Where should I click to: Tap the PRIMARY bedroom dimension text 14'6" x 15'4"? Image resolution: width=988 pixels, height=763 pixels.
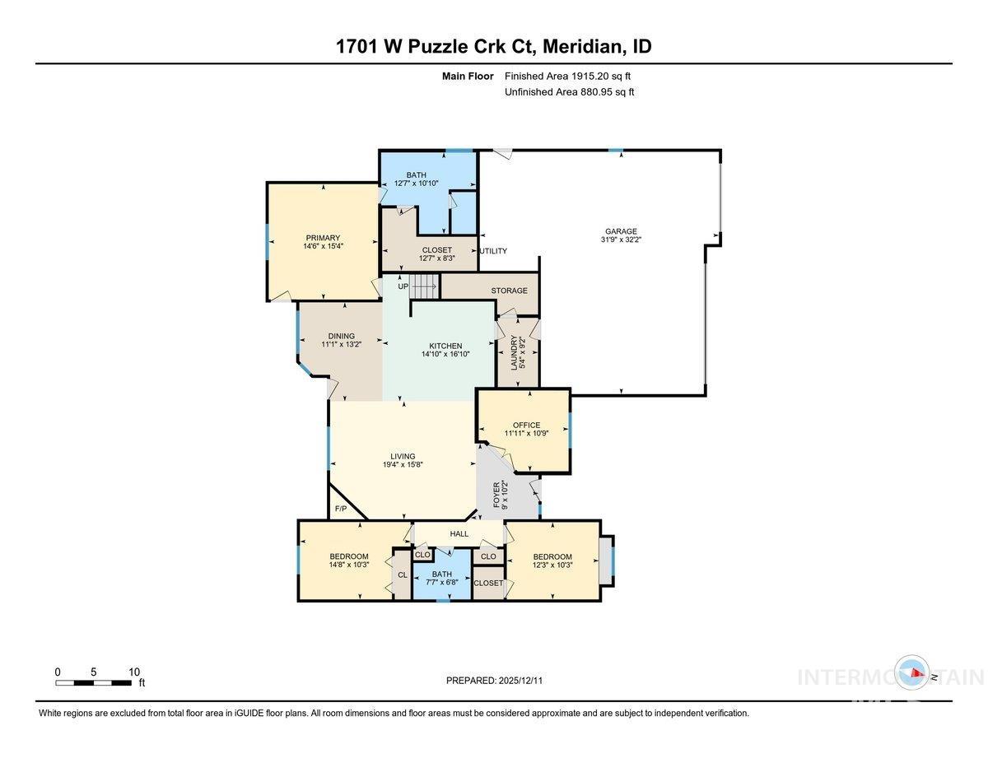pos(322,247)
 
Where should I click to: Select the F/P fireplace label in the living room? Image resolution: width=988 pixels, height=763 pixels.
pos(340,509)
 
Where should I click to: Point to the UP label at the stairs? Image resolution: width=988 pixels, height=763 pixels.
pos(403,286)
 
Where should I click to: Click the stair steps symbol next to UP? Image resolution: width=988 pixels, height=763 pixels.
pos(424,286)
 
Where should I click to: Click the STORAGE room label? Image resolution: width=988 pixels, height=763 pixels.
pos(509,291)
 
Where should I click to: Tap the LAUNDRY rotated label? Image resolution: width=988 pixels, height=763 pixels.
pos(515,352)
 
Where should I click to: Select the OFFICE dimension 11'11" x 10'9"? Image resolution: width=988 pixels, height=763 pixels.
pos(527,434)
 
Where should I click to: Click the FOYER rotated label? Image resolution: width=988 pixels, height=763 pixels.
pos(496,496)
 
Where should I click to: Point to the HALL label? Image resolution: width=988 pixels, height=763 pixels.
pos(459,534)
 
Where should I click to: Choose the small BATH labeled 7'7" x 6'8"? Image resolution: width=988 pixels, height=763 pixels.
pos(442,579)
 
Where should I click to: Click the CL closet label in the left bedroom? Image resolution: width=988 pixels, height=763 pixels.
pos(402,575)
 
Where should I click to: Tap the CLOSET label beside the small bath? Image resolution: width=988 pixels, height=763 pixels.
pos(487,583)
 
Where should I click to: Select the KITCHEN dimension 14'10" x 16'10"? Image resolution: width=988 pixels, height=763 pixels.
pos(445,356)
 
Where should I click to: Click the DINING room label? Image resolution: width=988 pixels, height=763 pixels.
pos(341,336)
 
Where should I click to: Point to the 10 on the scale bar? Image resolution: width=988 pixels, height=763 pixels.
pos(134,672)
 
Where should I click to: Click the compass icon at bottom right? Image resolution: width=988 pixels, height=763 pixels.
pos(913,673)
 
